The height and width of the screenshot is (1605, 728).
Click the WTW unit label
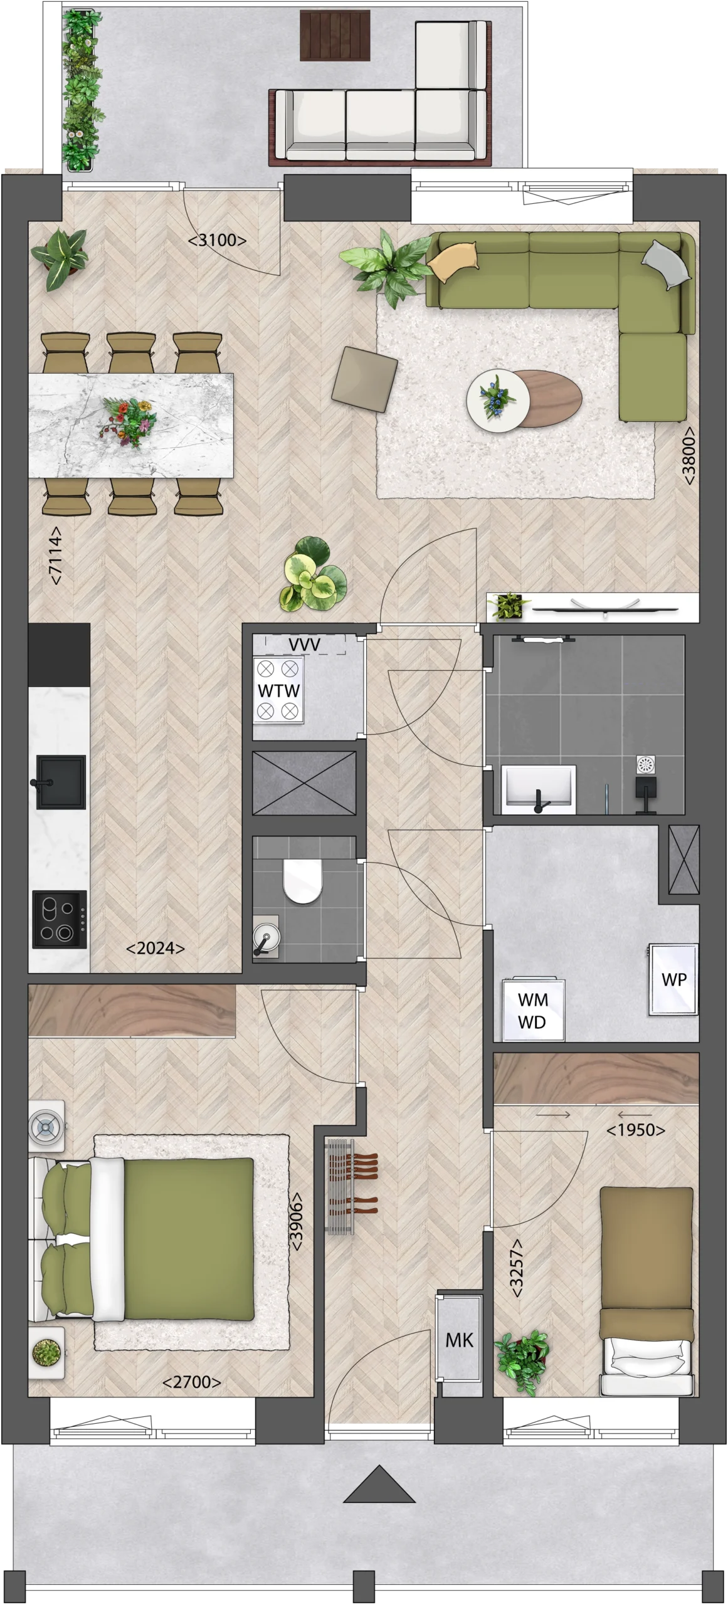278,690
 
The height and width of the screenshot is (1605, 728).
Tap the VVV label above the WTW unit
305,645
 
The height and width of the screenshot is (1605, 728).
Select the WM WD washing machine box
534,1010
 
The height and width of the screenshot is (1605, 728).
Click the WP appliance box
673,979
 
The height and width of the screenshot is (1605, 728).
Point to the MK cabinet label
459,1340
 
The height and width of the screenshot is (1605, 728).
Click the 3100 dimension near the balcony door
217,240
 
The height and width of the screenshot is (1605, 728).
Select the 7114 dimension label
56,555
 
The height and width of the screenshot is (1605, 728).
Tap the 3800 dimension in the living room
688,456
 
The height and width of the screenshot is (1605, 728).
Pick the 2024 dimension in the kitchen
156,949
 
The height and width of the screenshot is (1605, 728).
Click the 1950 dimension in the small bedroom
636,1130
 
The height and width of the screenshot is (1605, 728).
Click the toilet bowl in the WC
302,880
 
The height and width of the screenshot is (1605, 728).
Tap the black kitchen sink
61,782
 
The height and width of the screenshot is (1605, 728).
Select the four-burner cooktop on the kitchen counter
60,920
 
